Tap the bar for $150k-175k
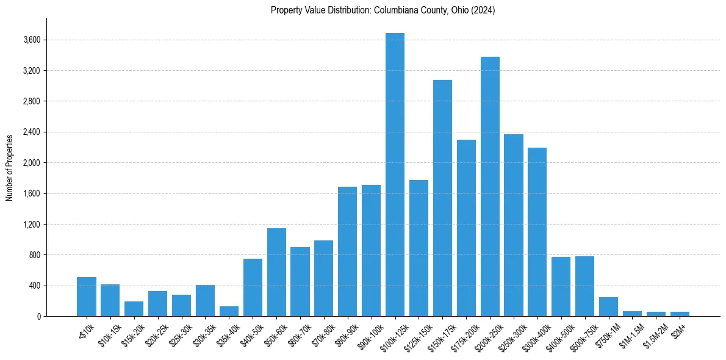442,198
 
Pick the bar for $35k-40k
229,311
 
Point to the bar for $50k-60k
276,272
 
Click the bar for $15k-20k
134,309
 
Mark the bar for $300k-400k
537,232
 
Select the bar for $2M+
680,314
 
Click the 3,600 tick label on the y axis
31,40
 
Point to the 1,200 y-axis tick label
31,225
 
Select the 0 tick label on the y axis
38,317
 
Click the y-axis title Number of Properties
10,167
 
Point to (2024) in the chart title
483,10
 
